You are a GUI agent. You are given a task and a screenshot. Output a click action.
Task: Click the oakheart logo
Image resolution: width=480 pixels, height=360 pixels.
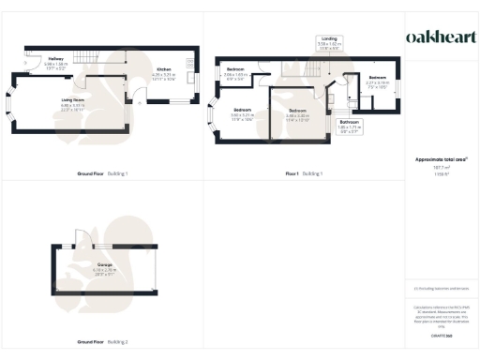441,37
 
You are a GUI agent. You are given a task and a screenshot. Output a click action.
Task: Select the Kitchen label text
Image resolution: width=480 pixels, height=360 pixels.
163,70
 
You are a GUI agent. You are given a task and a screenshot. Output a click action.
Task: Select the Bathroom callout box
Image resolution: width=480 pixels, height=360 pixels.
350,125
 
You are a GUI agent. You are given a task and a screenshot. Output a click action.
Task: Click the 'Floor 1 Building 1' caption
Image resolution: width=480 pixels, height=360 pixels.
305,173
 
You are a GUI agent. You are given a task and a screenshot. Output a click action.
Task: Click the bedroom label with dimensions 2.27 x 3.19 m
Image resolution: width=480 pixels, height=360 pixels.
377,80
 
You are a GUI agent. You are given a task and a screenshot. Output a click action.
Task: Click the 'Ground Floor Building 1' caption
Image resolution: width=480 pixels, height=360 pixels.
102,173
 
